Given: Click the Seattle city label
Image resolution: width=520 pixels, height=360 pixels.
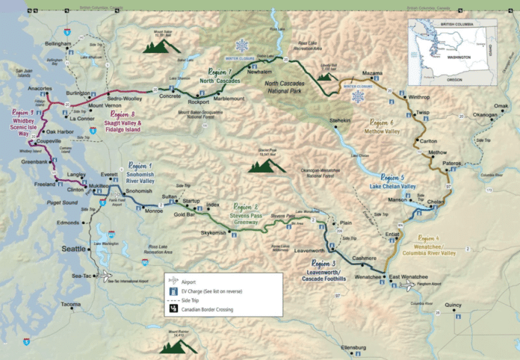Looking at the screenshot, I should [73, 248].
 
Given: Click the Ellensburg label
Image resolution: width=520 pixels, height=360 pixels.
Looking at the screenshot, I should [353, 348].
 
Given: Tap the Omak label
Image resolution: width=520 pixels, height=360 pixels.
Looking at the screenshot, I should [501, 106].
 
